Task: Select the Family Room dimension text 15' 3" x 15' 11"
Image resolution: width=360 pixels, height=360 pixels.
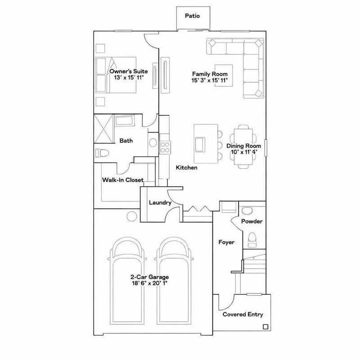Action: tap(210, 81)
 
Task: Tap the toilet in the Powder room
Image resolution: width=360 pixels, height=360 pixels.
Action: tap(252, 238)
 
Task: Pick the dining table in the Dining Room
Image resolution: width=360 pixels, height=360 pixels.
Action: tap(243, 146)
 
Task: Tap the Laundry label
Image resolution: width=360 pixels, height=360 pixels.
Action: tap(160, 203)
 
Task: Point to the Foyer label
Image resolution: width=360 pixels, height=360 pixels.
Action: tap(226, 242)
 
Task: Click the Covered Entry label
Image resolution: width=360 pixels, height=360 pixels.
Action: tap(243, 315)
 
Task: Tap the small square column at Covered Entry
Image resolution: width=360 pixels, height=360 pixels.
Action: tap(265, 327)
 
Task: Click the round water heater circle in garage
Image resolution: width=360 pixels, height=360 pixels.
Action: tap(131, 216)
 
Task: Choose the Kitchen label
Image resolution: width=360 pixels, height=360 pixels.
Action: tap(186, 167)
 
